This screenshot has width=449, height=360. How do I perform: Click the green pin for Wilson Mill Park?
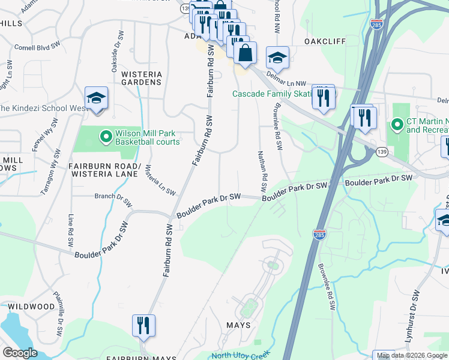click(x=106, y=137)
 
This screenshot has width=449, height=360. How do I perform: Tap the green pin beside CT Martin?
click(x=396, y=125)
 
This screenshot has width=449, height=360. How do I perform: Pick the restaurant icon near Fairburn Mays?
click(x=143, y=326)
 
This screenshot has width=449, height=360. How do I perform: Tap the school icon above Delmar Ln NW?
click(x=277, y=58)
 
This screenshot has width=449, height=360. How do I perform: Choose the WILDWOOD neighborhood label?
click(x=31, y=307)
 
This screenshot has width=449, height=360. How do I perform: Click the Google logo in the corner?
click(x=20, y=352)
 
